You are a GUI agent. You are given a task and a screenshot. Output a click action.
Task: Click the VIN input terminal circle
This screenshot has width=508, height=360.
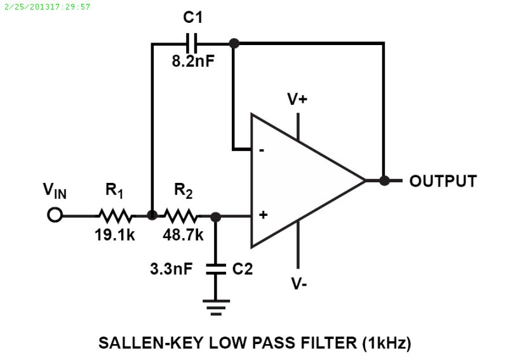(x=55, y=215)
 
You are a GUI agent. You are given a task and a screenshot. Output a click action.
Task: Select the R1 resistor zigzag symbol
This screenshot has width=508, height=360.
(x=114, y=215)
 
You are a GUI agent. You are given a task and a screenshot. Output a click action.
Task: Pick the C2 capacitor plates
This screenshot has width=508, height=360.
(x=216, y=269)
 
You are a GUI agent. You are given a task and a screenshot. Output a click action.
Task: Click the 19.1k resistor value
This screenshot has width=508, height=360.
(x=114, y=235)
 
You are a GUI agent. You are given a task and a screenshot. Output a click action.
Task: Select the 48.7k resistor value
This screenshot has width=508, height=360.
(x=183, y=235)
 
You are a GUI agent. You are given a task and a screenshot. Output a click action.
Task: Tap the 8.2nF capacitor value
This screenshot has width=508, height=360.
(x=193, y=62)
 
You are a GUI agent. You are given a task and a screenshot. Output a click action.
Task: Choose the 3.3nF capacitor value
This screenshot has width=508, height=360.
(x=171, y=269)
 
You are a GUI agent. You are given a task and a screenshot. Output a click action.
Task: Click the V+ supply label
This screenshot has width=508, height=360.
(x=297, y=99)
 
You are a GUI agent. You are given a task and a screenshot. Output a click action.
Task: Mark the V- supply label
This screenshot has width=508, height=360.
(x=300, y=283)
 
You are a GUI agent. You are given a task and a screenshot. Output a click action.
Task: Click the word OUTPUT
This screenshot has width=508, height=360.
(x=443, y=181)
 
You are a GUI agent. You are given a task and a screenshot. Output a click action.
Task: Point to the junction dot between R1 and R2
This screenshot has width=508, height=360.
(x=152, y=215)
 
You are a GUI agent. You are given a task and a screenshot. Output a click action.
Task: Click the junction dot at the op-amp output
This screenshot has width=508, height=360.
(x=384, y=180)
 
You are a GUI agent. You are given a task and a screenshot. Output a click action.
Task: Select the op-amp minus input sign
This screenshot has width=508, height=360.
(x=262, y=151)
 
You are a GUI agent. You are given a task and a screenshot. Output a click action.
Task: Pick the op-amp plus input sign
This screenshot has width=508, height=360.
(x=262, y=215)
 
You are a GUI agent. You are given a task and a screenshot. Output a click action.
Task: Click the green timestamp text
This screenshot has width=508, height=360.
(x=47, y=6)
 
